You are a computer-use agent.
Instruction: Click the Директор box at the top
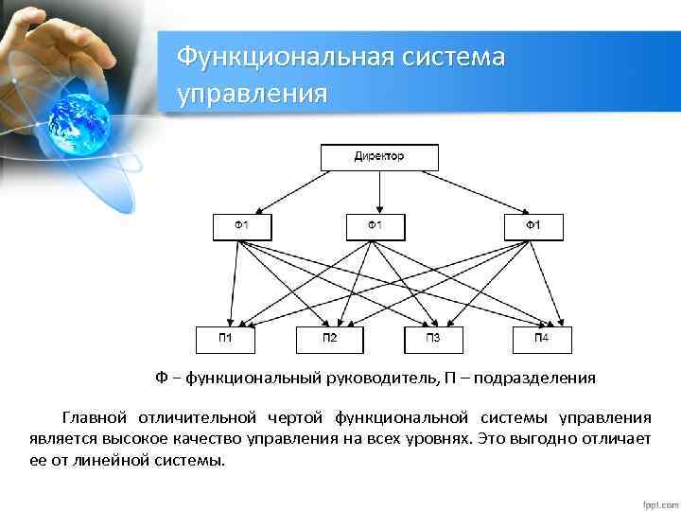coord(379,157)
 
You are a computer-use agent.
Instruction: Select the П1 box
coord(227,340)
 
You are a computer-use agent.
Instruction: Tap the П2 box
coord(330,340)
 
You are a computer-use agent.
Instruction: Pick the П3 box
coord(433,340)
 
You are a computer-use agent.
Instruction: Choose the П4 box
coord(541,340)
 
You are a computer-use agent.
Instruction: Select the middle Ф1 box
coord(375,227)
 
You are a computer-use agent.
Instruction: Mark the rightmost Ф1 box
coord(534,227)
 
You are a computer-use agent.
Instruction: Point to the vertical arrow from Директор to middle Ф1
coord(379,193)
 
